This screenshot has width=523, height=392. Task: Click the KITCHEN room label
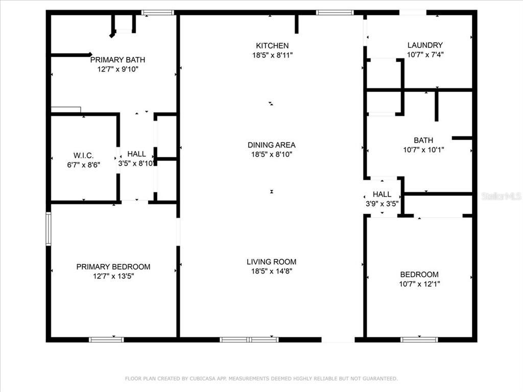pyautogui.click(x=272, y=45)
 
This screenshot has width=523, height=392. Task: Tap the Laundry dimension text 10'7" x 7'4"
pyautogui.click(x=425, y=55)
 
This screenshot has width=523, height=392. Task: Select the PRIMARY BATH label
pyautogui.click(x=118, y=59)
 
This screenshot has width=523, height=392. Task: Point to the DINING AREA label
pyautogui.click(x=271, y=145)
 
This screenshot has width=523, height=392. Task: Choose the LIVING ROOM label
pyautogui.click(x=271, y=262)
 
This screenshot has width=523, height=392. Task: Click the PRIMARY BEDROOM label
pyautogui.click(x=113, y=266)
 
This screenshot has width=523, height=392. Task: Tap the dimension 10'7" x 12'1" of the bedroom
pyautogui.click(x=419, y=284)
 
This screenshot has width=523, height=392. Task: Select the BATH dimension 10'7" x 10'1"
pyautogui.click(x=423, y=150)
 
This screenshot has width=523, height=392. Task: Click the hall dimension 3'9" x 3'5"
pyautogui.click(x=382, y=203)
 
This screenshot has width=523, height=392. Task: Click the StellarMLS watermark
pyautogui.click(x=502, y=196)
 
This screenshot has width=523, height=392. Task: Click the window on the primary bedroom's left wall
pyautogui.click(x=49, y=229)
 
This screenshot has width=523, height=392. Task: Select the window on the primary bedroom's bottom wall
pyautogui.click(x=106, y=339)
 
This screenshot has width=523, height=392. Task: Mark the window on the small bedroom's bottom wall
pyautogui.click(x=419, y=339)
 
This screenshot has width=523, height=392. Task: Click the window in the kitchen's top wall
pyautogui.click(x=335, y=12)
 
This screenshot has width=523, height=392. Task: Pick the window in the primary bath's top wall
pyautogui.click(x=157, y=12)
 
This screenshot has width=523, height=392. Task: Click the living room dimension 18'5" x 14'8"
pyautogui.click(x=271, y=272)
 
